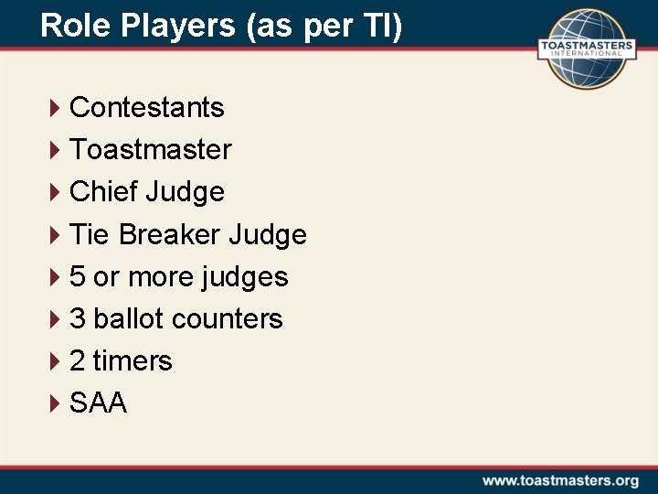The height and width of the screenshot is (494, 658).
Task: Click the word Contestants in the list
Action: tap(146, 107)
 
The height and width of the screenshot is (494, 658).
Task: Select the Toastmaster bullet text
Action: tap(151, 149)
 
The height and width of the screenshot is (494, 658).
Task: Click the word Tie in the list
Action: tap(90, 234)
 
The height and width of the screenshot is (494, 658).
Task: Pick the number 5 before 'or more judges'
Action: tap(78, 276)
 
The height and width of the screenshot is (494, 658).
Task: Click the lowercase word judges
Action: tap(245, 277)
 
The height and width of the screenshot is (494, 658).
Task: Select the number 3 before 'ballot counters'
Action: tap(78, 318)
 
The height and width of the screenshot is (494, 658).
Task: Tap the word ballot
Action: tap(128, 318)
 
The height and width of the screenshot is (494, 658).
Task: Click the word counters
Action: tap(227, 318)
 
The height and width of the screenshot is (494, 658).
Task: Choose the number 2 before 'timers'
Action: tap(78, 360)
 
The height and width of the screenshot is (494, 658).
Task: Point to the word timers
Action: tap(133, 360)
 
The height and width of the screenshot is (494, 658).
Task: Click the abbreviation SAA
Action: tap(98, 403)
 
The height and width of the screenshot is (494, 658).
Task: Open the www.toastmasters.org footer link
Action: tap(560, 480)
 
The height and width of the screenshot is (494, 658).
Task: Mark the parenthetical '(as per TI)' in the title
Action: tap(324, 25)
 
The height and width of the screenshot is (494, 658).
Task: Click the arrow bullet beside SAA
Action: tap(56, 403)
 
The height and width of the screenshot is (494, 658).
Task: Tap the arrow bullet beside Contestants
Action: tap(56, 108)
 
